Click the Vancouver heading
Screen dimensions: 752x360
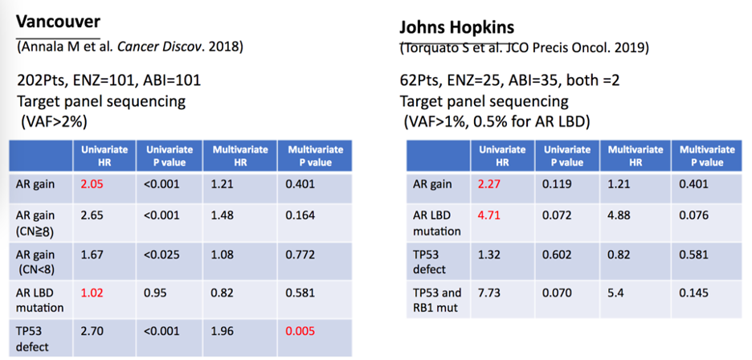point(58,22)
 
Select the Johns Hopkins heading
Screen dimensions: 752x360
point(456,28)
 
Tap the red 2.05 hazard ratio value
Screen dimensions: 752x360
point(92,184)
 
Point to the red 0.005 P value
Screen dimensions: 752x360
point(301,330)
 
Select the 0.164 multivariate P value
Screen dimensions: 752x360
point(300,215)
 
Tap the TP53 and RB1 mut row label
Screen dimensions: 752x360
point(439,300)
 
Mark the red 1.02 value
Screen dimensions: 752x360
point(92,292)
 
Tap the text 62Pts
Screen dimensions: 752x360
point(419,80)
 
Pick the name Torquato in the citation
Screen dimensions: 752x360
point(425,49)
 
